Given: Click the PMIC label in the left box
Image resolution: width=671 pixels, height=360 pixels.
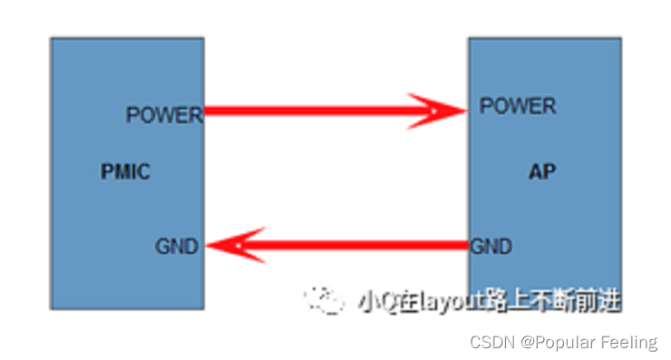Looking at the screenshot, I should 125,171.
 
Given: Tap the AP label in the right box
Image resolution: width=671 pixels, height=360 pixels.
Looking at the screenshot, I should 542,171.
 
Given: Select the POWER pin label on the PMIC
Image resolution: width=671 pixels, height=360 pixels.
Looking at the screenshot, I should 164,115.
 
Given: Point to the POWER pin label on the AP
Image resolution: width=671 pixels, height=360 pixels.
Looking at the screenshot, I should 518,106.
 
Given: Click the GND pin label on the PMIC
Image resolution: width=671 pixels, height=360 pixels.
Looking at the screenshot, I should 177,246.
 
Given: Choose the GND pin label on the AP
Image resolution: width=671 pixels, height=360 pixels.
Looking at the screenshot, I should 491,246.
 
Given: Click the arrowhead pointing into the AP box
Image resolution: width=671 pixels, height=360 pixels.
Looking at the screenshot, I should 439,111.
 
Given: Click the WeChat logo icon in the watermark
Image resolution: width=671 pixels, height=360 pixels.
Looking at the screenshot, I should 324,298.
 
